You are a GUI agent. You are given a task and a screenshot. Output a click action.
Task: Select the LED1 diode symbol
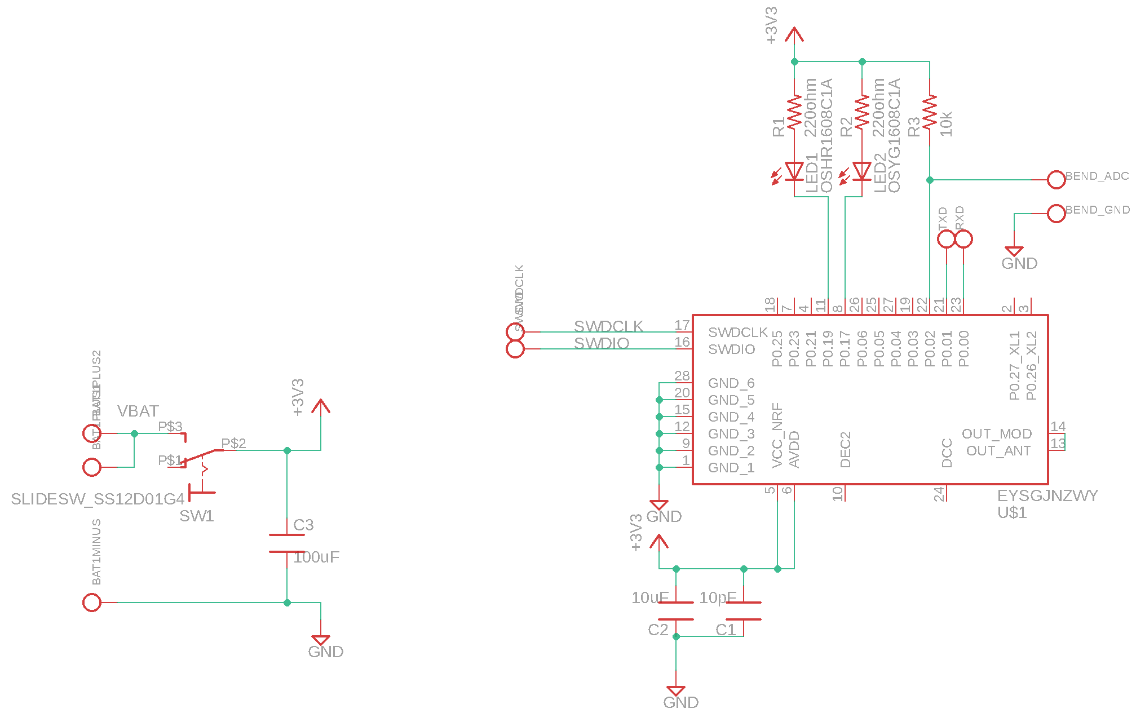pyautogui.click(x=794, y=171)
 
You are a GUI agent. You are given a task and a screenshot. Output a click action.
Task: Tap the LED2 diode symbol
pyautogui.click(x=861, y=171)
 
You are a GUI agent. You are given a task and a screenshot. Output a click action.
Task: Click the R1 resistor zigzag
pyautogui.click(x=794, y=112)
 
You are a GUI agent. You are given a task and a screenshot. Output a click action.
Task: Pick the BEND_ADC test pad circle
pyautogui.click(x=1056, y=180)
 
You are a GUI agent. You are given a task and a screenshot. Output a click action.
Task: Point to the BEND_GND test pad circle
pyautogui.click(x=1056, y=214)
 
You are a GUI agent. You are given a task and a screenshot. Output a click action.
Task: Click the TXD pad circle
pyautogui.click(x=946, y=239)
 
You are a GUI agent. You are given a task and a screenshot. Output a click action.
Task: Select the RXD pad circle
pyautogui.click(x=963, y=239)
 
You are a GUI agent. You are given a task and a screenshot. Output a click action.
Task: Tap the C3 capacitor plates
pyautogui.click(x=286, y=543)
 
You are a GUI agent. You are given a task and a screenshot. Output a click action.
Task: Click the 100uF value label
pyautogui.click(x=316, y=557)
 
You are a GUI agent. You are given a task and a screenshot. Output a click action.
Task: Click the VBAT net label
pyautogui.click(x=138, y=411)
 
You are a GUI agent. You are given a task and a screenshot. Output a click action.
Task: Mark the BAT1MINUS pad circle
pyautogui.click(x=92, y=603)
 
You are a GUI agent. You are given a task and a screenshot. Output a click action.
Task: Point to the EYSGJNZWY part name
pyautogui.click(x=1047, y=496)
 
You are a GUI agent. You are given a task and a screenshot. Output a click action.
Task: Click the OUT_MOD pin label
pyautogui.click(x=996, y=434)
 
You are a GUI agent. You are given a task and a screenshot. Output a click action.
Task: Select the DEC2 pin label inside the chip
pyautogui.click(x=845, y=450)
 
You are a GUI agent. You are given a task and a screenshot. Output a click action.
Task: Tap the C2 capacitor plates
pyautogui.click(x=676, y=611)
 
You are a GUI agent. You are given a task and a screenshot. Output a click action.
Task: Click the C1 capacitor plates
pyautogui.click(x=744, y=611)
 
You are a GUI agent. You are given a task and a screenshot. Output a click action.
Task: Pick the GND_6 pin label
pyautogui.click(x=731, y=383)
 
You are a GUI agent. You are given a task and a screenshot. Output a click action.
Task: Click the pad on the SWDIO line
pyautogui.click(x=515, y=349)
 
